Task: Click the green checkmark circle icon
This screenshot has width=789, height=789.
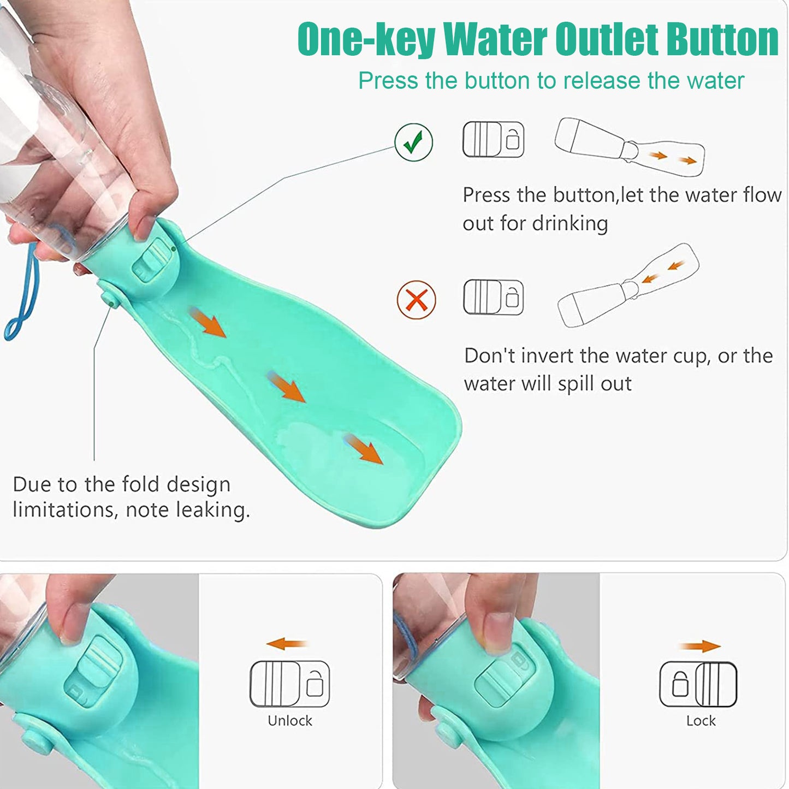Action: click(414, 143)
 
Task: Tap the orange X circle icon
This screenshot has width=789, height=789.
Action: click(417, 300)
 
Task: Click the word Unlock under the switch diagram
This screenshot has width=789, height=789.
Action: click(289, 721)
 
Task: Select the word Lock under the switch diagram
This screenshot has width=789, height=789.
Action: click(701, 721)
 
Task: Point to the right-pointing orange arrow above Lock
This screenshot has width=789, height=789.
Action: click(701, 646)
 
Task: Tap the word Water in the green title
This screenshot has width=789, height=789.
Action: click(495, 39)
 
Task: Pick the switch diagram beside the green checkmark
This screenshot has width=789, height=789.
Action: click(493, 140)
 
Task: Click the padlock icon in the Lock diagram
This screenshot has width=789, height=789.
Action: click(680, 684)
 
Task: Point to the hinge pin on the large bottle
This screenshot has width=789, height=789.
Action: click(110, 298)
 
